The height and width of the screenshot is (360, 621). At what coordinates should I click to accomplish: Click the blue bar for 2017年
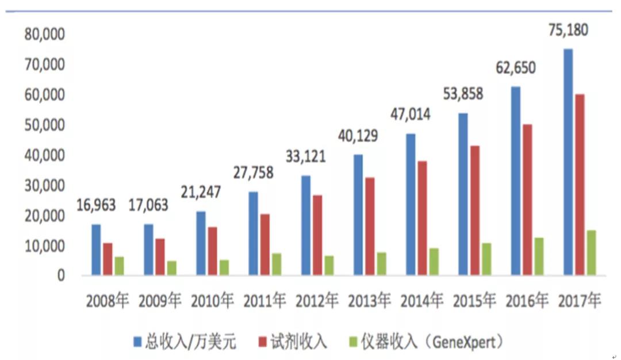point(568,162)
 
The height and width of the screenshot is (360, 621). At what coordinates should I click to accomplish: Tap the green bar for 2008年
point(119,266)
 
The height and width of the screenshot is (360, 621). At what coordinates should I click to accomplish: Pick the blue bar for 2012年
point(306,225)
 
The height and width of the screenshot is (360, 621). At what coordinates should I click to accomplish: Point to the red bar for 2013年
point(370,226)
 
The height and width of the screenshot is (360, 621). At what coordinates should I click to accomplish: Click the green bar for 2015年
point(486,259)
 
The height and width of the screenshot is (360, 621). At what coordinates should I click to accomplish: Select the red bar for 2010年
point(213,251)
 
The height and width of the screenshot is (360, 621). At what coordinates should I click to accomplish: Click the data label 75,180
point(568,30)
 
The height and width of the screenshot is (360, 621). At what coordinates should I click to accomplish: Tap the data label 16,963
point(96,205)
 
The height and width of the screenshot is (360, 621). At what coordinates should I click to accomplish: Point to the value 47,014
point(411,114)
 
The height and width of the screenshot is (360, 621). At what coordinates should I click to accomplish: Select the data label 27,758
point(254,172)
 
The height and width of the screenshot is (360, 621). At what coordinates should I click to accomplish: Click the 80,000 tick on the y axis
point(45,35)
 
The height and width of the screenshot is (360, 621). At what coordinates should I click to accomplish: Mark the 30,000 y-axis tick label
point(45,186)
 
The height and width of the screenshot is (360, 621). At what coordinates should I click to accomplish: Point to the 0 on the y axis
point(60,277)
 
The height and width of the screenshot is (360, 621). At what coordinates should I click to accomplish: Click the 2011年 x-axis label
point(265,301)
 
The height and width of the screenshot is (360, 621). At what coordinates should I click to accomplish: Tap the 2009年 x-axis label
point(160,301)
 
